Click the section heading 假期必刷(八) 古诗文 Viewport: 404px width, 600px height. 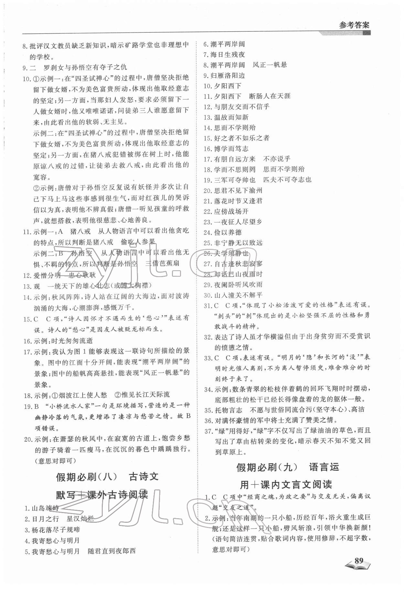coord(107,477)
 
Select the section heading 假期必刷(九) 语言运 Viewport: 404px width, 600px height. coord(288,467)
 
